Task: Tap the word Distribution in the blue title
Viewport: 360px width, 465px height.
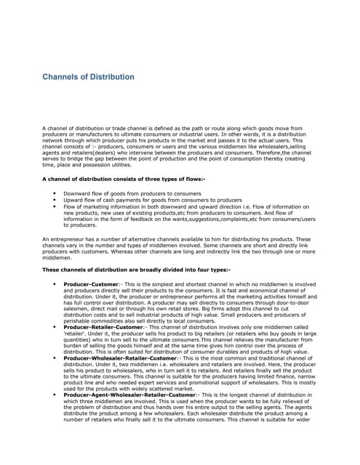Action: pos(113,77)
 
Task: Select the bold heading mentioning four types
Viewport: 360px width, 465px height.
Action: pos(137,270)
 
